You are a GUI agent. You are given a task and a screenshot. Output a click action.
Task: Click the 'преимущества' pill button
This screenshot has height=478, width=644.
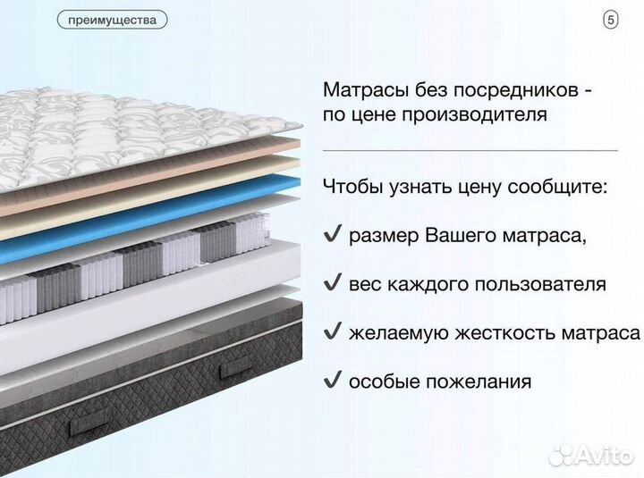tap(112, 19)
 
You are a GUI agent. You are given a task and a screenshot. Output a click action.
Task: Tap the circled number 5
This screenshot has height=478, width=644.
tap(611, 19)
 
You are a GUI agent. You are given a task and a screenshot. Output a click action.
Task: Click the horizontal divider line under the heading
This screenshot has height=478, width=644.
tap(470, 150)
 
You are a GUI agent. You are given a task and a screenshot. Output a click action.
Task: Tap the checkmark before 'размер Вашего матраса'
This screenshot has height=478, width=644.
tap(332, 236)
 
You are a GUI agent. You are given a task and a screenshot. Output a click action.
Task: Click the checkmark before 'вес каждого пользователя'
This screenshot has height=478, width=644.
tap(332, 284)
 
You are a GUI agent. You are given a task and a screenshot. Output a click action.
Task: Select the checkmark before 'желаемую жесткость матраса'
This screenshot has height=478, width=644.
tap(332, 332)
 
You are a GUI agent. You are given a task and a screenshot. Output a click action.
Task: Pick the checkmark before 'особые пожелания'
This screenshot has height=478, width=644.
tap(332, 381)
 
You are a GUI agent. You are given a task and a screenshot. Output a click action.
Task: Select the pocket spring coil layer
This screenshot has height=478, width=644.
tap(116, 268)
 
